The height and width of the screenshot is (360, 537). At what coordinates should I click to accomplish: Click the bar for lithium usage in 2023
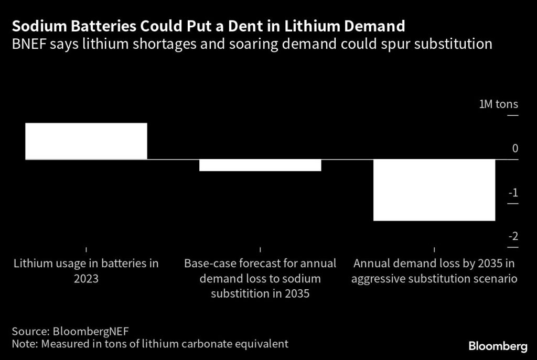[86, 141]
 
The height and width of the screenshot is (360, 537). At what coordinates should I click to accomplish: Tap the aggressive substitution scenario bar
[434, 190]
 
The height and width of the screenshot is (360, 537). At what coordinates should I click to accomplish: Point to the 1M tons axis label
[498, 104]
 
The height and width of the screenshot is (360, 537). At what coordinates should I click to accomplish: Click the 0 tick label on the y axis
[515, 149]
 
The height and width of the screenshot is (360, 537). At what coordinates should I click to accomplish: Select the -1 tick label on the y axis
[512, 192]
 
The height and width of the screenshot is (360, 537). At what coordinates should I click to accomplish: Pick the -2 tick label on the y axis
[512, 236]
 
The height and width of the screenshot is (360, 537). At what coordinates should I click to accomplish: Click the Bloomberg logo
[498, 346]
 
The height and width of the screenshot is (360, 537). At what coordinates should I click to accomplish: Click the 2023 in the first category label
[86, 278]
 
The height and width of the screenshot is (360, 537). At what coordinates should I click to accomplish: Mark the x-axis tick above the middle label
[260, 250]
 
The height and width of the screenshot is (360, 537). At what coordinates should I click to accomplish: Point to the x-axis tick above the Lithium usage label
[86, 250]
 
